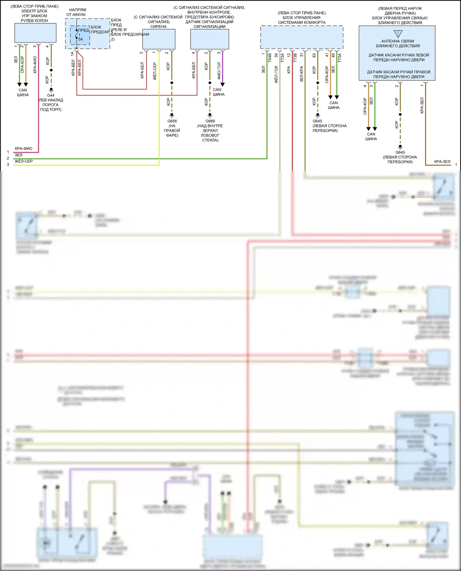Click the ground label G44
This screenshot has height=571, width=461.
click(x=51, y=95)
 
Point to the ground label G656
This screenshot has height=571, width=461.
click(x=172, y=121)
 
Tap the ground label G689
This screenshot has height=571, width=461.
click(x=210, y=121)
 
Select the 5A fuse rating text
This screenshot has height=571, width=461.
click(x=81, y=39)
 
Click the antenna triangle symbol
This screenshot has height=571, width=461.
click(x=398, y=33)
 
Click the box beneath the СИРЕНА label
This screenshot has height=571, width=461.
click(x=159, y=39)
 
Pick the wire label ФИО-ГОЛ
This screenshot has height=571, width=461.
click(x=219, y=71)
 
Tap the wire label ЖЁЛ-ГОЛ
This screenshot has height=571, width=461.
click(x=276, y=75)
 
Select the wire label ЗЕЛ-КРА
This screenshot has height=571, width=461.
click(x=301, y=74)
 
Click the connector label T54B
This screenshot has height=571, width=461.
click(x=270, y=58)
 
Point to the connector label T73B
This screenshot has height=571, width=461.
click(x=295, y=58)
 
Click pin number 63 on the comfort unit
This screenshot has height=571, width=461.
click(x=314, y=56)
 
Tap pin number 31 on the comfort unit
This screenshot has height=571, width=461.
click(x=301, y=55)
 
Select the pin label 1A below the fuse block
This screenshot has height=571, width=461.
click(x=73, y=54)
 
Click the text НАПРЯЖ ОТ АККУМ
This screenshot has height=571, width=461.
click(x=76, y=12)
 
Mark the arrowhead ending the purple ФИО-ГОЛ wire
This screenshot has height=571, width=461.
click(x=223, y=84)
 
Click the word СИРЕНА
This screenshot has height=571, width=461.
click(x=159, y=27)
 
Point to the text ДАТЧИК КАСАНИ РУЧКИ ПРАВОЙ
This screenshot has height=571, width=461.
click(x=399, y=72)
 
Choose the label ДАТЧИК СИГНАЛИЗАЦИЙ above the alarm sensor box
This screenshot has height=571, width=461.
click(x=209, y=22)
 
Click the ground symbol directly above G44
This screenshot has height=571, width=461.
click(x=51, y=90)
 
